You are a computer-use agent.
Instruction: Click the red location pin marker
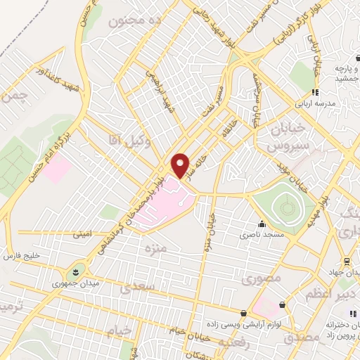(181, 165)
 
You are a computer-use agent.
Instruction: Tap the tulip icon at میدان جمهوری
(74, 271)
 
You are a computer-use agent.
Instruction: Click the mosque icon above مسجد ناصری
(262, 224)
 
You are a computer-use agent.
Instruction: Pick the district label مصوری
(262, 278)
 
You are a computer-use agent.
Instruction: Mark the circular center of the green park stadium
(285, 208)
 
